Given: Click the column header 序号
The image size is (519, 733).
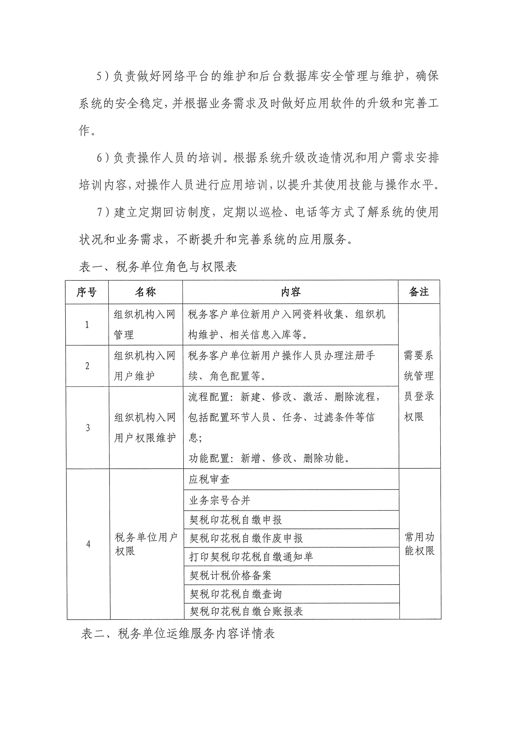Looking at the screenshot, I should [87, 292].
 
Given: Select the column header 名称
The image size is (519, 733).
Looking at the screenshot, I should [145, 292].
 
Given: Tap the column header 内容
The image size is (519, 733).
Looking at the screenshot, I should [291, 292].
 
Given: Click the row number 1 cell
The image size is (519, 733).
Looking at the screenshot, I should [87, 325].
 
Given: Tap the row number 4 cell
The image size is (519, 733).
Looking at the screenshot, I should [89, 544].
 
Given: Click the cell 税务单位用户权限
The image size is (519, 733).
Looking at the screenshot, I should [146, 544].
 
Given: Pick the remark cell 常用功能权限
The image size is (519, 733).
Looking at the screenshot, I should [420, 544].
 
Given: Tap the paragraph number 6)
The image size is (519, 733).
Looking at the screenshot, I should [103, 158].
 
